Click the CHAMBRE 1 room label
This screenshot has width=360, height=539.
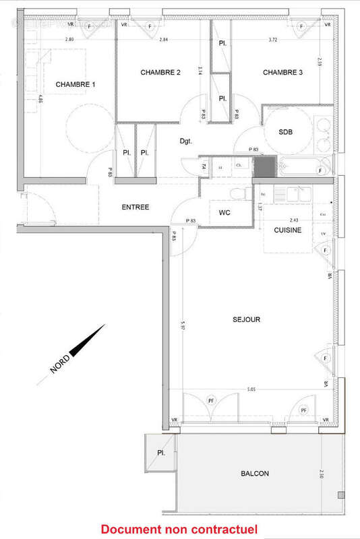click(76, 84)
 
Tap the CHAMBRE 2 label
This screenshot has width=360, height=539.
click(160, 72)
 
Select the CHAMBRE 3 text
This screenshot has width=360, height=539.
click(282, 72)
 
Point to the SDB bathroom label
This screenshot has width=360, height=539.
click(287, 132)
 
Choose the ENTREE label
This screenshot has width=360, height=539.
click(136, 207)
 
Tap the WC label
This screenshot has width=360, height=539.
click(225, 214)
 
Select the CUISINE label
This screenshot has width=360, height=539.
click(287, 230)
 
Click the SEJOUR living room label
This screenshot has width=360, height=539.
click(247, 319)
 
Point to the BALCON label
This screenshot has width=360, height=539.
click(255, 474)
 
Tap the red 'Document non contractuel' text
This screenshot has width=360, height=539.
click(179, 530)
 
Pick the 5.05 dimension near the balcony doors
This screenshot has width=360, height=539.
click(251, 389)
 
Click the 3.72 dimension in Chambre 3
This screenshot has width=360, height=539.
click(273, 40)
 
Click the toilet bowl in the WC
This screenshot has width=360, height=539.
click(237, 194)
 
